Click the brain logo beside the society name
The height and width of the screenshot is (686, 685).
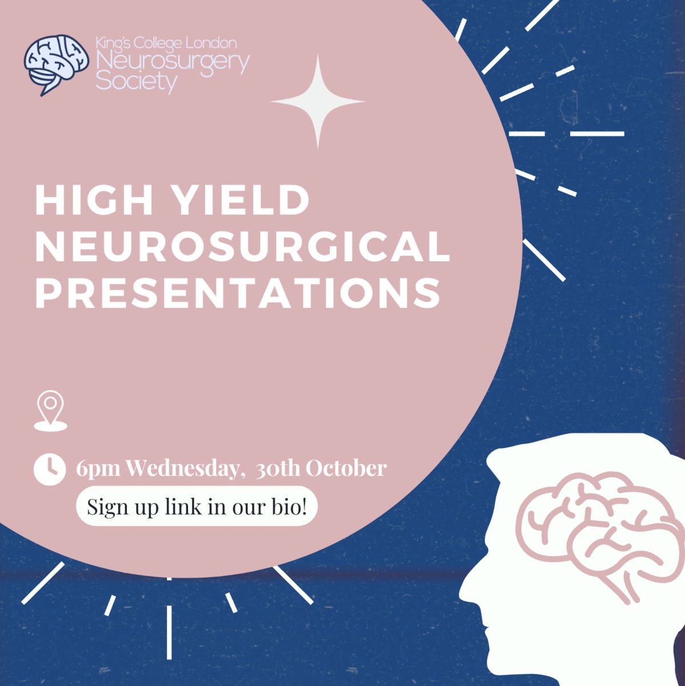click(56, 65)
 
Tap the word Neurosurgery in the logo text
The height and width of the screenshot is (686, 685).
click(173, 63)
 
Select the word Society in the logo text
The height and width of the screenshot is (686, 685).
click(137, 82)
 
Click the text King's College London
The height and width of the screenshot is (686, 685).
click(166, 43)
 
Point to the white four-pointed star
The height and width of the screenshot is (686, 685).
click(318, 101)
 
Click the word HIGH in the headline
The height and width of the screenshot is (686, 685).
click(94, 201)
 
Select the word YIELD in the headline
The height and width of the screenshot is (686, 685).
click(242, 201)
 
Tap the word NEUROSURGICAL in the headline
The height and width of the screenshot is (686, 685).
click(242, 247)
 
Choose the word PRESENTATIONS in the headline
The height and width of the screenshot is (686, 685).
click(238, 293)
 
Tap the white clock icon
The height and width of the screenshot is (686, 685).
click(50, 469)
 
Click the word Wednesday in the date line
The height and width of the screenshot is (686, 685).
click(183, 469)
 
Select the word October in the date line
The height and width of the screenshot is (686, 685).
click(346, 469)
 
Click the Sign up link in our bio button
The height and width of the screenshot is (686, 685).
click(197, 506)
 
